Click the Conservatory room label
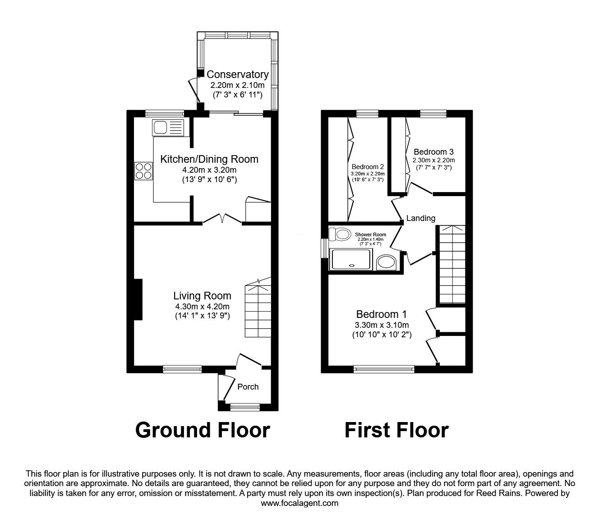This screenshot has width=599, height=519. pyautogui.click(x=237, y=74)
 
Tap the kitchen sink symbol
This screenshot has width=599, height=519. pyautogui.click(x=168, y=128)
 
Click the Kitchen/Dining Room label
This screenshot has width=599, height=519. pyautogui.click(x=209, y=159)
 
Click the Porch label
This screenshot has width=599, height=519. pyautogui.click(x=248, y=386)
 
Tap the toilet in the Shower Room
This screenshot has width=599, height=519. pyautogui.click(x=340, y=234)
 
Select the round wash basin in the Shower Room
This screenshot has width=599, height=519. pyautogui.click(x=387, y=262)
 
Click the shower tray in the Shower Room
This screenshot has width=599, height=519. pyautogui.click(x=351, y=259)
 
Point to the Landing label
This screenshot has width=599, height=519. pyautogui.click(x=420, y=218)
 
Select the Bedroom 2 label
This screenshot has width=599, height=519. pyautogui.click(x=368, y=166)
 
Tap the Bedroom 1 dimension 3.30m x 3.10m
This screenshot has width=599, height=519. pyautogui.click(x=382, y=325)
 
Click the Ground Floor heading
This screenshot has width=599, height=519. pyautogui.click(x=203, y=430)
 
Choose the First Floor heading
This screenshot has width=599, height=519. pyautogui.click(x=396, y=430)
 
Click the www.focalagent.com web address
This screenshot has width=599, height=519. pyautogui.click(x=299, y=503)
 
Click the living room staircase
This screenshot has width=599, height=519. pyautogui.click(x=258, y=311)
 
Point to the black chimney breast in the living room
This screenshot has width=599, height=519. pyautogui.click(x=138, y=300)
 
